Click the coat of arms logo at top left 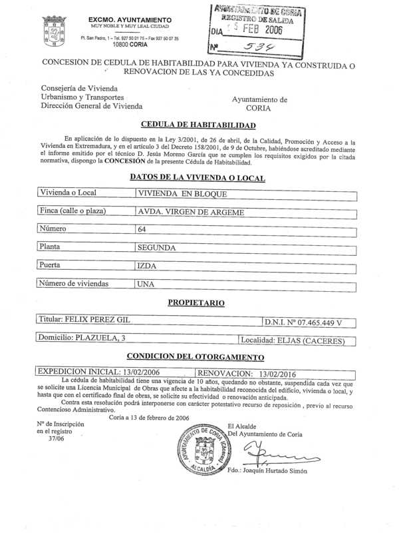pyautogui.click(x=53, y=30)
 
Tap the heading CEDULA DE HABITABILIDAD pyautogui.click(x=199, y=125)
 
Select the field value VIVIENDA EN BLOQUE pyautogui.click(x=182, y=194)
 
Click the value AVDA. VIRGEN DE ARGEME pyautogui.click(x=190, y=213)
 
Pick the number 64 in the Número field pyautogui.click(x=142, y=230)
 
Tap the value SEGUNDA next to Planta pyautogui.click(x=156, y=247)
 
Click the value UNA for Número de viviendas pyautogui.click(x=146, y=283)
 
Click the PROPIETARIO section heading pyautogui.click(x=196, y=302)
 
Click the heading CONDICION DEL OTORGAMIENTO pyautogui.click(x=199, y=356)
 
